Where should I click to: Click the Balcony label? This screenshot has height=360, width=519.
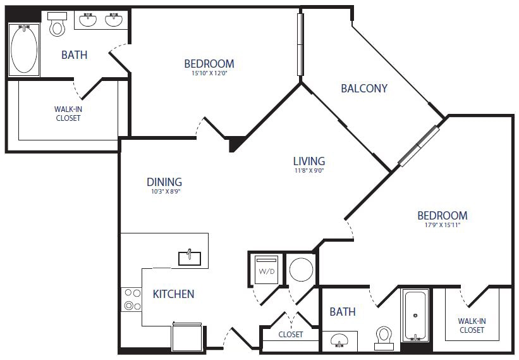pyautogui.click(x=363, y=88)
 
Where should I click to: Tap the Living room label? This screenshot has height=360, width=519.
pyautogui.click(x=309, y=161)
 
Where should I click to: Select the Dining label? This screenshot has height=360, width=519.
pyautogui.click(x=164, y=182)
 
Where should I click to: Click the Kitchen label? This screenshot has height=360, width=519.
pyautogui.click(x=173, y=294)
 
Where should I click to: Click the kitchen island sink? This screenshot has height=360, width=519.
pyautogui.click(x=190, y=257)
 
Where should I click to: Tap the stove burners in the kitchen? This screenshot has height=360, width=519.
pyautogui.click(x=131, y=299)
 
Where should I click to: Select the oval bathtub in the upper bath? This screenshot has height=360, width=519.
pyautogui.click(x=24, y=49)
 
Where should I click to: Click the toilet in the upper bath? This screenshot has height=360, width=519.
pyautogui.click(x=58, y=25)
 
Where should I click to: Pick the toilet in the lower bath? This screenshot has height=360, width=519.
pyautogui.click(x=384, y=337)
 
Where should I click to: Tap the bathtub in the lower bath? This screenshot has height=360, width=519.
pyautogui.click(x=415, y=314)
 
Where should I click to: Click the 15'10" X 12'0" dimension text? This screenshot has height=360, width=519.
pyautogui.click(x=209, y=73)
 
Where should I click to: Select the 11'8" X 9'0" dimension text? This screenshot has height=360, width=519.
pyautogui.click(x=309, y=170)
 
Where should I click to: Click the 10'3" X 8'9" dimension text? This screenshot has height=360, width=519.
pyautogui.click(x=164, y=191)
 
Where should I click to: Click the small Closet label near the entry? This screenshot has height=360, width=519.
pyautogui.click(x=290, y=334)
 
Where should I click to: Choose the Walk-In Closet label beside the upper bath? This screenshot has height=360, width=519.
pyautogui.click(x=68, y=113)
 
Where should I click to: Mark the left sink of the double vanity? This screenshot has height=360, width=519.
pyautogui.click(x=87, y=21)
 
